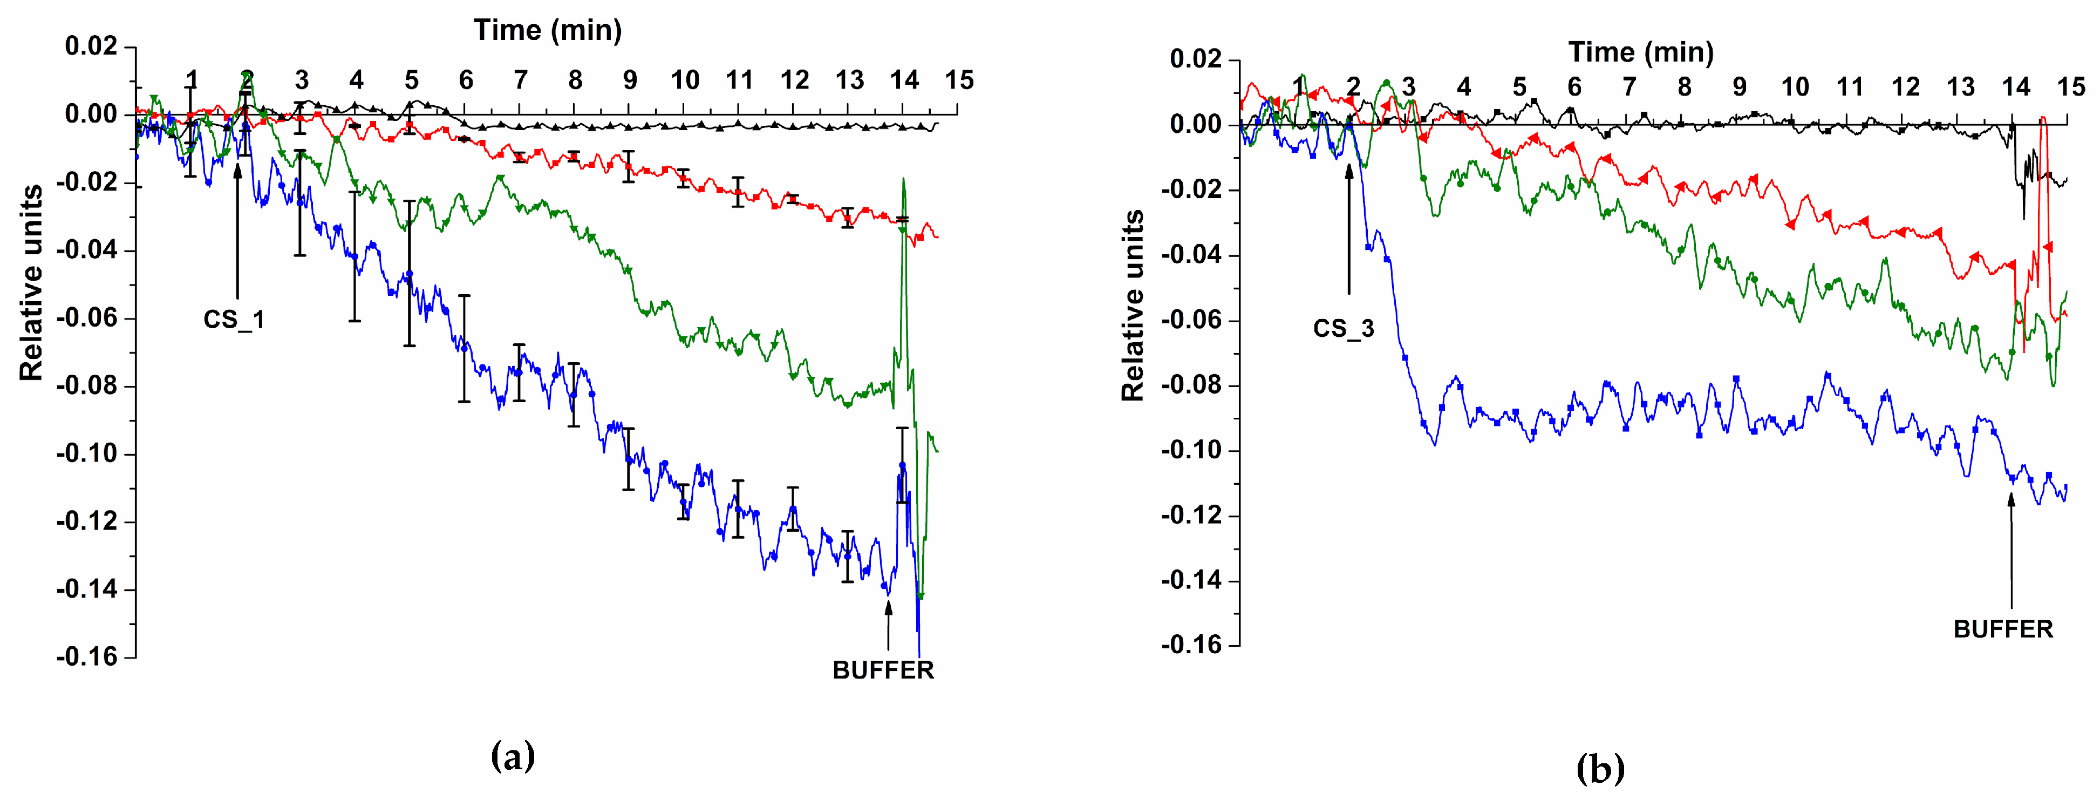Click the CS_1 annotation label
click(234, 320)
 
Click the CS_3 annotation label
click(1342, 329)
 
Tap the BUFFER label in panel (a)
click(883, 670)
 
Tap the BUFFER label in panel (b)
click(2003, 629)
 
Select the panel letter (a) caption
click(513, 756)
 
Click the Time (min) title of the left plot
click(548, 30)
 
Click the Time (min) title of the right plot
click(1640, 52)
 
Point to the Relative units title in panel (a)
click(31, 283)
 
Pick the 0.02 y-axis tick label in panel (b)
click(1195, 59)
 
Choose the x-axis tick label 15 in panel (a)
click(959, 80)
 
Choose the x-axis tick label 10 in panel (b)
click(1794, 86)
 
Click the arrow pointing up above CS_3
click(1348, 228)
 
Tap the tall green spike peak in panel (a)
click(903, 179)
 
